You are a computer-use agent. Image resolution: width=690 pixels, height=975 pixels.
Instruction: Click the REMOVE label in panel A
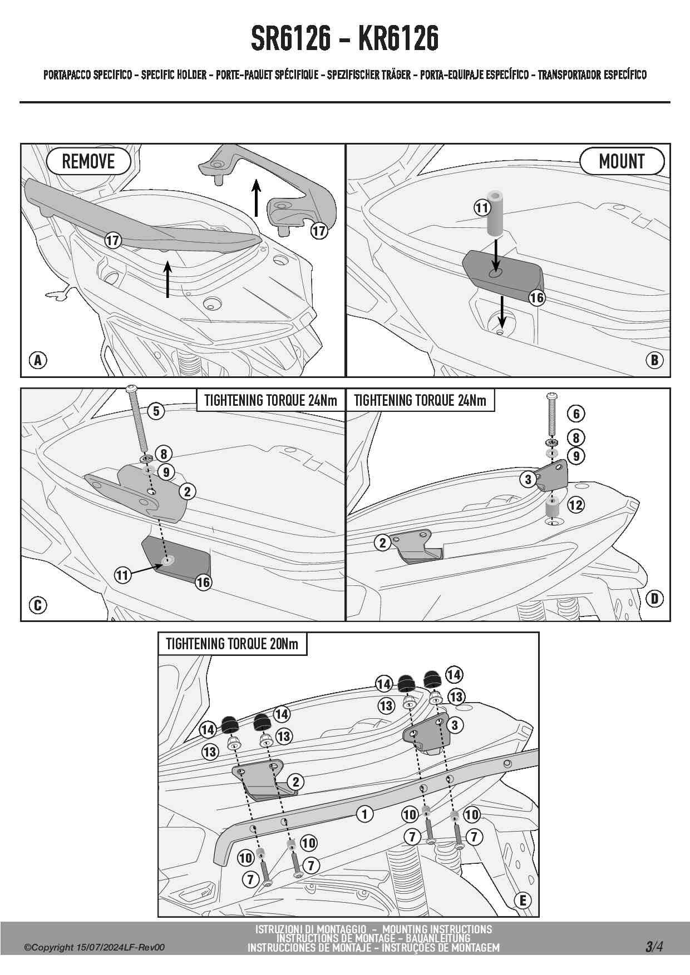point(88,162)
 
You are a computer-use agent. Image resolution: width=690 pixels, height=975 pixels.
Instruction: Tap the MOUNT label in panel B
point(622,162)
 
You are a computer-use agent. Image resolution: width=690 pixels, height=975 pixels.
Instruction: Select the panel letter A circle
point(38,360)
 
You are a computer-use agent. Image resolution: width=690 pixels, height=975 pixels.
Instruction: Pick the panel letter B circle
point(654,360)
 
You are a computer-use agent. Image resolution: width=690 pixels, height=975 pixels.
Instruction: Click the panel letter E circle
point(523,900)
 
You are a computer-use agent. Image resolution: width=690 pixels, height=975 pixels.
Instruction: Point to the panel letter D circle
point(654,599)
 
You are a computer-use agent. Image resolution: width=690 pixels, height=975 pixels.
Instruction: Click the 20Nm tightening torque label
point(232,644)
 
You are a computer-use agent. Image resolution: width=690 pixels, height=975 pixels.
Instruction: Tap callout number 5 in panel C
point(156,411)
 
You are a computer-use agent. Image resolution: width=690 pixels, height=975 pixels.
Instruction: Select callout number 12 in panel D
point(575,505)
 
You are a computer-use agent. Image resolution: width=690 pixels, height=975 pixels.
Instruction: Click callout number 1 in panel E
point(364,814)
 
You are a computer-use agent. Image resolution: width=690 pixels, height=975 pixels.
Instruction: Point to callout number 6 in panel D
point(576,414)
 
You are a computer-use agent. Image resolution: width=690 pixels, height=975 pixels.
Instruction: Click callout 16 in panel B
point(536,298)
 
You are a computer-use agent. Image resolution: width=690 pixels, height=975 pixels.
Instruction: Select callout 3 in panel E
point(455,725)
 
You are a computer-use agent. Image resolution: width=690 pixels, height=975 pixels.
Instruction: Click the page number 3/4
point(654,946)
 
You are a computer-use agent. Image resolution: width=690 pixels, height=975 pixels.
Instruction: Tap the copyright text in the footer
point(94,948)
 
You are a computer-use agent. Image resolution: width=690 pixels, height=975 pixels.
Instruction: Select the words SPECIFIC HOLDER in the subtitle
point(174,74)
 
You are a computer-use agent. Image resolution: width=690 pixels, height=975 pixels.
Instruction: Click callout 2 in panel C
point(188,491)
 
